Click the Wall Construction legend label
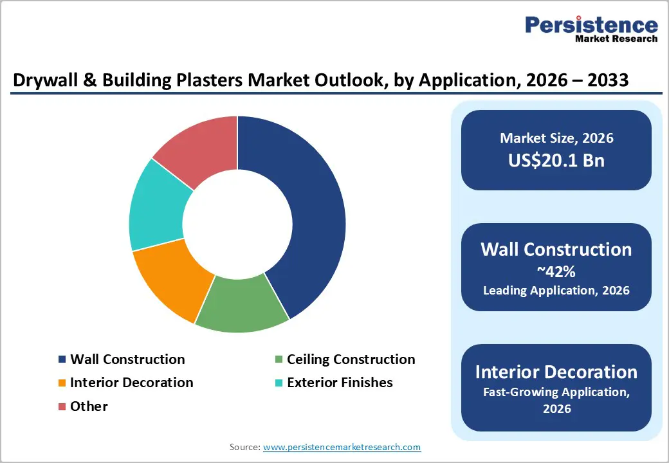(x=127, y=359)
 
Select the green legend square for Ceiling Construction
(x=278, y=359)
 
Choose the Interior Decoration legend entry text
(x=131, y=383)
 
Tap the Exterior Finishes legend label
(x=339, y=383)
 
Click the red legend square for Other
(x=62, y=406)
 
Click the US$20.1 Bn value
(x=556, y=160)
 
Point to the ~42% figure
(x=556, y=271)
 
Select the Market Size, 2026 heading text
(x=556, y=138)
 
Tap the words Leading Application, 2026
(x=556, y=290)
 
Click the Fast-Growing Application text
(x=556, y=392)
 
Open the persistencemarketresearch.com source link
(x=342, y=447)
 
